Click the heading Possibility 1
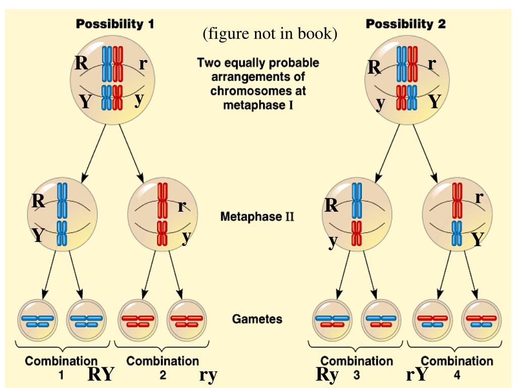coord(115,24)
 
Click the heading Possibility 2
coord(405,24)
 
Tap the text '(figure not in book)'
coord(270,34)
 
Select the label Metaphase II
coord(257,217)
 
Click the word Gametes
coord(257,319)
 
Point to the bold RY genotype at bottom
coord(101,374)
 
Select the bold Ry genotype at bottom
coord(327,374)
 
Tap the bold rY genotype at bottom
coord(418,374)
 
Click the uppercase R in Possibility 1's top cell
coord(81,63)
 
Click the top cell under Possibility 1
coord(112,79)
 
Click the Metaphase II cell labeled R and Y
coord(62,215)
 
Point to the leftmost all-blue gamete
coord(38,321)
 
